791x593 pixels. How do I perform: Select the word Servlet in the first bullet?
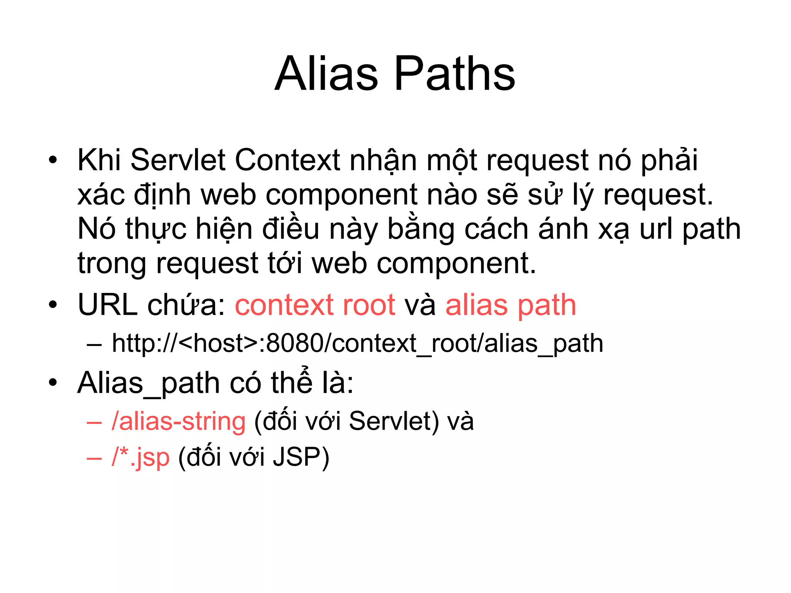pos(178,160)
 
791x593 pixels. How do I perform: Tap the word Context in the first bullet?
pos(287,160)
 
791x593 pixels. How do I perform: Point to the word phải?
pos(669,160)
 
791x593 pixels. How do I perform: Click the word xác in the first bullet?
pos(101,195)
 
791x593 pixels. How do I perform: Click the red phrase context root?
pos(315,305)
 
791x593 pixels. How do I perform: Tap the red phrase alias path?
pos(511,305)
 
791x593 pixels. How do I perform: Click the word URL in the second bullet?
pos(107,305)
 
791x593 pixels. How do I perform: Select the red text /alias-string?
pos(178,421)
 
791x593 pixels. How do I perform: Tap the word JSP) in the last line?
pos(301,457)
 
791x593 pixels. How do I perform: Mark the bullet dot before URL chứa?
pos(53,305)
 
